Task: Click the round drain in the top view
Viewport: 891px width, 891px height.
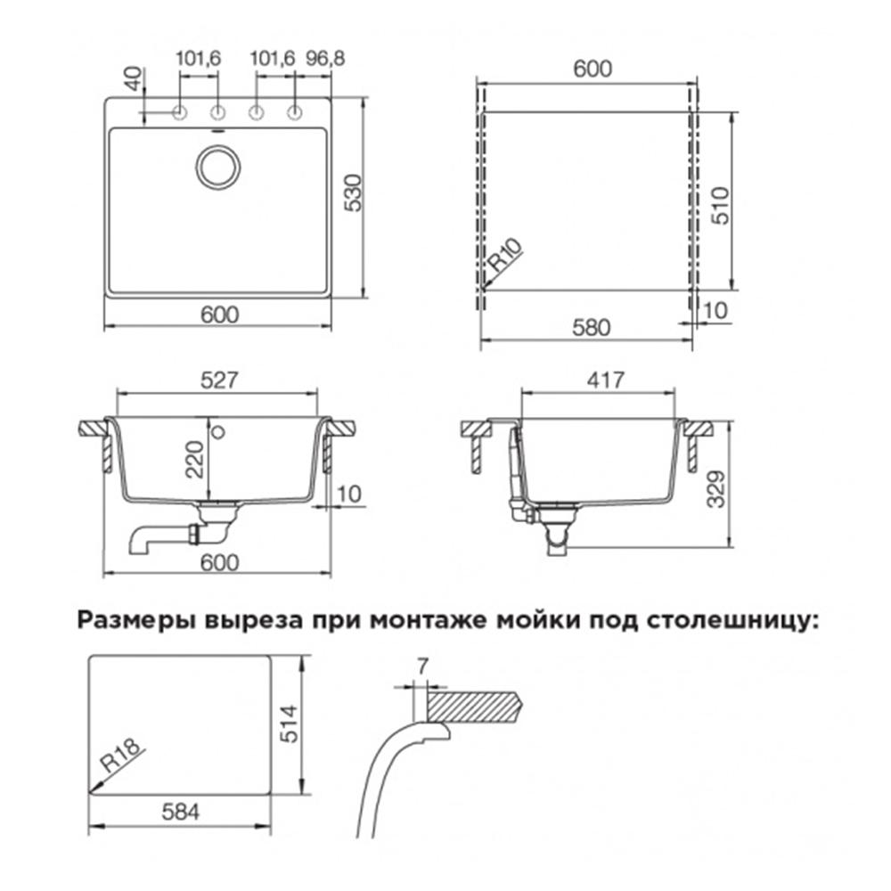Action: point(216,166)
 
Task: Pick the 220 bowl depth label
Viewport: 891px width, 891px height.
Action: point(196,460)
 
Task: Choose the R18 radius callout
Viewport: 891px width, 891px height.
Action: point(121,760)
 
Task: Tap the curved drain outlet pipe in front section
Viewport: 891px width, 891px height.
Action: point(151,537)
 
